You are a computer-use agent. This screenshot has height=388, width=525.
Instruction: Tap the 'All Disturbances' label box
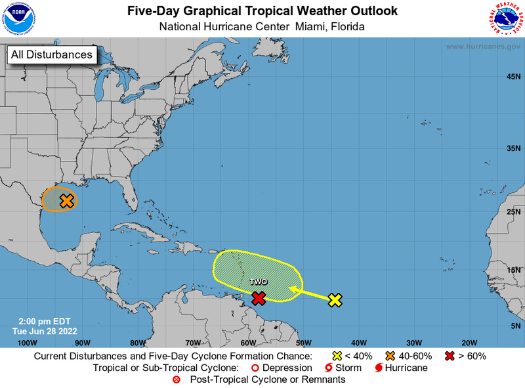coord(51,54)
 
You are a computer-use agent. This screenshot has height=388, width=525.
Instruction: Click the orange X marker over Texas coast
coord(66,201)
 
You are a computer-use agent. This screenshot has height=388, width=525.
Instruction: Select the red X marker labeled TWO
coord(259,298)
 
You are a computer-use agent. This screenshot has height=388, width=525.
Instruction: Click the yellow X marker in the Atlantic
coord(335,300)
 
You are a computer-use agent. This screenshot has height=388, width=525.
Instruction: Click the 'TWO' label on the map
coord(259,282)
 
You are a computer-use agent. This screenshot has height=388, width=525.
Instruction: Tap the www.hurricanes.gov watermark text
coord(483,47)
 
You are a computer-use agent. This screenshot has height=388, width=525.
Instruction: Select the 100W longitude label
coord(27,343)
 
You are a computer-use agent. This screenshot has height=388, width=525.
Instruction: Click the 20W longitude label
coord(469,343)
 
